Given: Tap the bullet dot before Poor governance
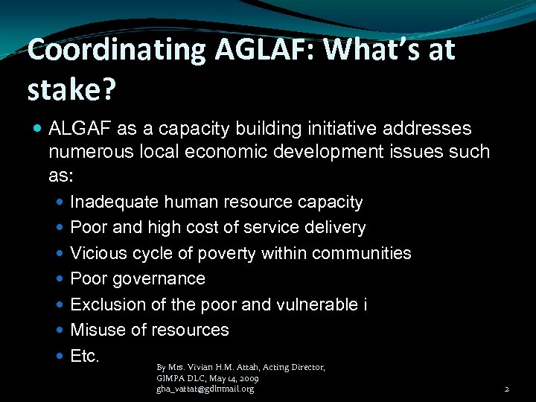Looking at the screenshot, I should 60,279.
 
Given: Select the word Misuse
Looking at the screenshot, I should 95,330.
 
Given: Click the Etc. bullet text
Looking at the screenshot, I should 84,356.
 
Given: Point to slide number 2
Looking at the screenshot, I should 506,389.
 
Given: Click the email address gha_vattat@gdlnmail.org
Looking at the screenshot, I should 205,389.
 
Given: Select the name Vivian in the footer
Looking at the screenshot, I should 196,368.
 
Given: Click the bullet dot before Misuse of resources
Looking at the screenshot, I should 60,331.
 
